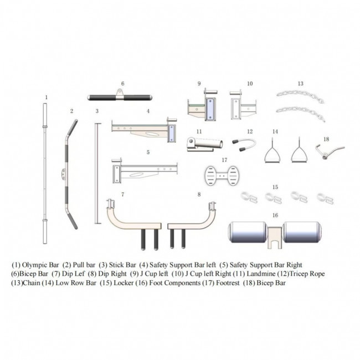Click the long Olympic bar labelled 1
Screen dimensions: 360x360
click(x=45, y=173)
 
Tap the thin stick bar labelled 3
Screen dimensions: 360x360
click(x=97, y=173)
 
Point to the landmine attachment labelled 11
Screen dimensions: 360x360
click(x=204, y=145)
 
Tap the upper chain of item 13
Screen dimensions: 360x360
click(x=300, y=95)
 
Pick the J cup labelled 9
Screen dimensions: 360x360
click(x=203, y=106)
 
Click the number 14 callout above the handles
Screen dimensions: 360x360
click(x=275, y=132)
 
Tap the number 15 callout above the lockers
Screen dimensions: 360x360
click(x=275, y=187)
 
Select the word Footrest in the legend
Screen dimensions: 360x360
click(x=228, y=283)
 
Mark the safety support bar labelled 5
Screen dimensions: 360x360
click(x=145, y=171)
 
